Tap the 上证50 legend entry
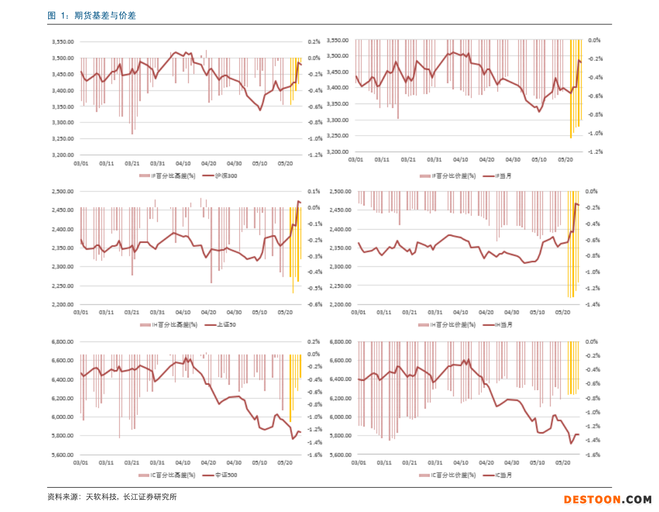[x=221, y=324]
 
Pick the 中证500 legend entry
[x=221, y=475]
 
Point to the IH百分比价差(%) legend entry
[x=448, y=324]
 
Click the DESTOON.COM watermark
[x=608, y=499]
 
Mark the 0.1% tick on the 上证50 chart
[x=314, y=192]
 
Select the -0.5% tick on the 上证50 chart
[x=314, y=288]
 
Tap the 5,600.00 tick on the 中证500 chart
[x=63, y=455]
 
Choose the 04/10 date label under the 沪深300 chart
[x=183, y=164]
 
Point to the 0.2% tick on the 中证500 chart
[x=314, y=342]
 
